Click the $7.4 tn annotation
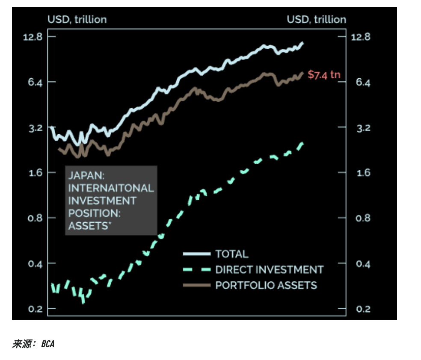click(x=324, y=75)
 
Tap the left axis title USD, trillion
click(x=77, y=19)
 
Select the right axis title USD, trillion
click(x=316, y=19)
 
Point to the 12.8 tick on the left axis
click(x=33, y=37)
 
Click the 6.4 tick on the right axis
click(x=363, y=82)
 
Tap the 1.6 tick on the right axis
click(x=363, y=173)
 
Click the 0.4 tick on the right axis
click(x=363, y=263)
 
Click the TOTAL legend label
click(x=231, y=254)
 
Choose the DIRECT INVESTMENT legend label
click(x=269, y=270)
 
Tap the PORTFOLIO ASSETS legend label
click(x=266, y=285)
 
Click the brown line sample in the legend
click(x=197, y=285)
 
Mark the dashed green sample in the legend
click(x=197, y=270)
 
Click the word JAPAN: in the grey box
click(x=86, y=175)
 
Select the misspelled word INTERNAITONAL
click(x=111, y=188)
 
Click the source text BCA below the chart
click(x=48, y=343)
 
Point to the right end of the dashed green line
click(x=302, y=144)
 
